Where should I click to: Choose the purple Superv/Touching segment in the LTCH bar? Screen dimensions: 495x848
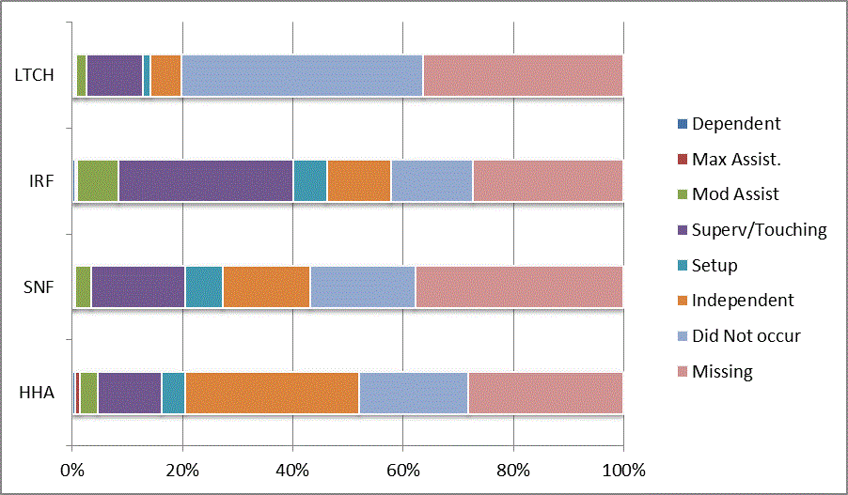point(115,75)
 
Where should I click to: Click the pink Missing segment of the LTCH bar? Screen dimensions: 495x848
point(522,75)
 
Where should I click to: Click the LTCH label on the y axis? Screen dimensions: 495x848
point(34,75)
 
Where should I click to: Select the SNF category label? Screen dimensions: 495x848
point(39,286)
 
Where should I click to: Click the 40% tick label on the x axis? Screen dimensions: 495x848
point(292,469)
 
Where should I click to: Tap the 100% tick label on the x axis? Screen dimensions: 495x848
point(623,469)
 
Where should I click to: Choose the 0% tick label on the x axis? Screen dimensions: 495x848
point(72,469)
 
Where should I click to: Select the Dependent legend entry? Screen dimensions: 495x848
point(735,123)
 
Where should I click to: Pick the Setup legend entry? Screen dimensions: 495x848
point(715,265)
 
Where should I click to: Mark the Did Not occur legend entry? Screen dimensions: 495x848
point(746,335)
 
